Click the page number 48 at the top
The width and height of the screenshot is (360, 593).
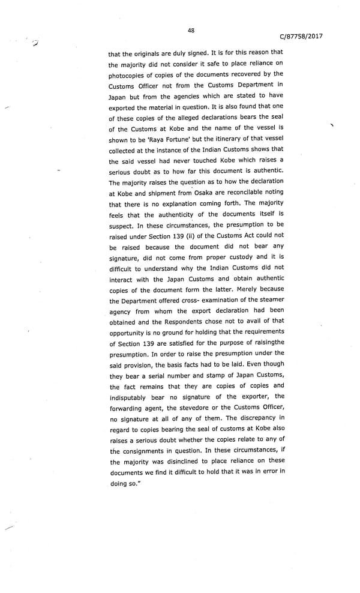(191, 31)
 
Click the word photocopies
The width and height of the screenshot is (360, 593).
(131, 74)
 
